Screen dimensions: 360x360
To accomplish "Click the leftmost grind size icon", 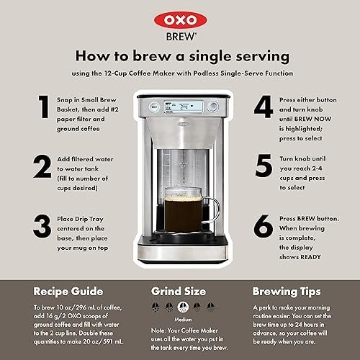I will coord(156,307).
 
